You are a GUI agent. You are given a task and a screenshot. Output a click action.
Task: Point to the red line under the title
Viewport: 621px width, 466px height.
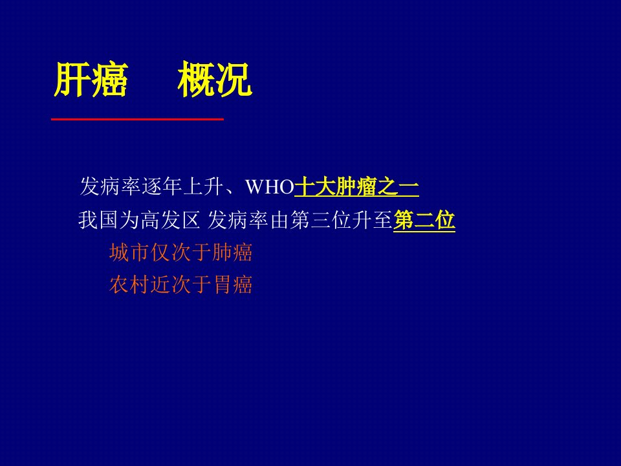tap(137, 118)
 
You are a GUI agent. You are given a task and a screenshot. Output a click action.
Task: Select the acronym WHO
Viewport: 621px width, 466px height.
tap(270, 186)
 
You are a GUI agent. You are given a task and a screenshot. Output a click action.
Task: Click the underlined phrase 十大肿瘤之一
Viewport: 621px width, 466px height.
tap(356, 186)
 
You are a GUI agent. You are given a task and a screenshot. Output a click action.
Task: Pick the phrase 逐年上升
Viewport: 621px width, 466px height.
tap(182, 186)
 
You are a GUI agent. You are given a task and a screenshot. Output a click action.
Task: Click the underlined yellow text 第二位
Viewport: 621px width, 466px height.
tap(424, 220)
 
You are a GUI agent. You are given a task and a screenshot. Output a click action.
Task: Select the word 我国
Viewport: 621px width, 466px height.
tap(98, 220)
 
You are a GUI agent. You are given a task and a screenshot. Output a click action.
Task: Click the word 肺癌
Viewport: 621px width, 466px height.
tap(232, 252)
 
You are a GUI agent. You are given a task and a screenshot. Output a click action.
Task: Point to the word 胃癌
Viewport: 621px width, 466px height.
tap(232, 285)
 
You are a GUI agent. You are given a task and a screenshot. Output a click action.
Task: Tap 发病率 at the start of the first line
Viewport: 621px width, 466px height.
tap(111, 186)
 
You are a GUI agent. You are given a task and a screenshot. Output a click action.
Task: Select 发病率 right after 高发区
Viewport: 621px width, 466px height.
tap(239, 220)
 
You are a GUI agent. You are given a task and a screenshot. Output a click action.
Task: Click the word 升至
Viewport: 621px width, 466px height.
tap(373, 220)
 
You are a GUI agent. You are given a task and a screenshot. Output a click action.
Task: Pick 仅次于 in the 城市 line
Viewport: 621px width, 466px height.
tap(180, 252)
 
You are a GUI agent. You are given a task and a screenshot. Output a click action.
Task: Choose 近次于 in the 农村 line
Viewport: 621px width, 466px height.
tap(180, 285)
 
